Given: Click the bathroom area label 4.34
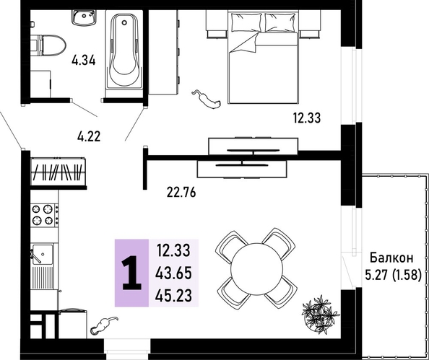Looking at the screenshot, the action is point(84,60).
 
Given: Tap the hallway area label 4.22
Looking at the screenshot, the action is point(89,136).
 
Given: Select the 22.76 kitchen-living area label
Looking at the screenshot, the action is point(181,193).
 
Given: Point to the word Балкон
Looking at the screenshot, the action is point(391,258).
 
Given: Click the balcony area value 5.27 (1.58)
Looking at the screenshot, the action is point(393,275).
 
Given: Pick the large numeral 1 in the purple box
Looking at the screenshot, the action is point(132,273).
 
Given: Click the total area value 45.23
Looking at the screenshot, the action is point(173,295).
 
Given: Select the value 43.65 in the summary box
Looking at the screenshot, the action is point(173,273).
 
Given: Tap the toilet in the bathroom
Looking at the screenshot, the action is point(48,45).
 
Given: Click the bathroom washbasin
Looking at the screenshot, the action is point(84,17).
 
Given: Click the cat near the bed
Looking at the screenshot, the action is point(207,100).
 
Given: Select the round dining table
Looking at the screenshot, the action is point(256,268).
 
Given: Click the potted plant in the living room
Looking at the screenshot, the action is point(321,314).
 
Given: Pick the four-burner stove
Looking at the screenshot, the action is point(44,215).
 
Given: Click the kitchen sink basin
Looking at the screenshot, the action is point(43,255).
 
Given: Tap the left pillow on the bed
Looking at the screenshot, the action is point(246,22).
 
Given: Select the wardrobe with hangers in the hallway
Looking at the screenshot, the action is point(58,172).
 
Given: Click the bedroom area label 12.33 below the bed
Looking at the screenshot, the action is point(307,118).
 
